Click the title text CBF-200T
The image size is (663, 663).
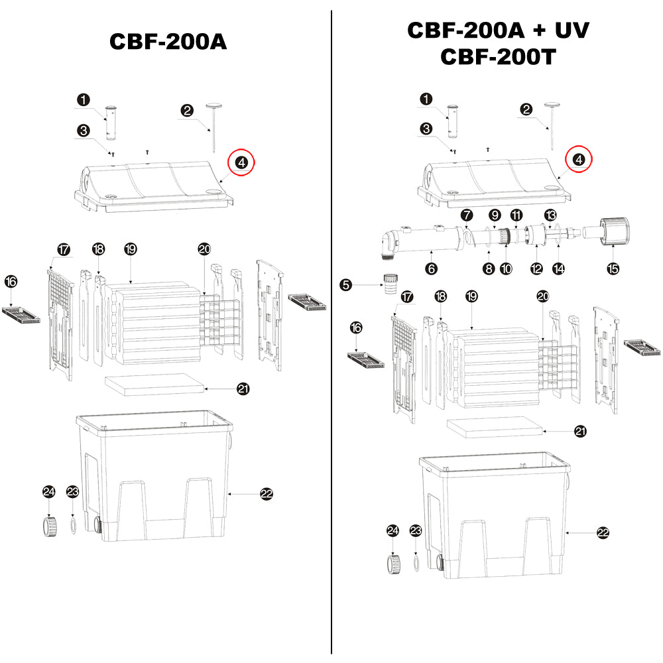point(497,57)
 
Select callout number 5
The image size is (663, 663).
point(345,285)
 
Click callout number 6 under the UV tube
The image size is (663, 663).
point(432,269)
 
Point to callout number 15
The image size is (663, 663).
point(613,269)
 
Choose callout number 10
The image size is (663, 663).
point(507,269)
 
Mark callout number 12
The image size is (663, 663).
point(536,269)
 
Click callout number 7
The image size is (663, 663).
point(467,215)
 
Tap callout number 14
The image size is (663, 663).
point(559,269)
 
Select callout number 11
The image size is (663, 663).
point(516,215)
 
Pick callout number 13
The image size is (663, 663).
point(550,215)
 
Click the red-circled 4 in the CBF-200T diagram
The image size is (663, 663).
point(579,159)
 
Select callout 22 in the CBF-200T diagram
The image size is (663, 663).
point(603,532)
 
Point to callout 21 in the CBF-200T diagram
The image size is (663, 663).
point(580,432)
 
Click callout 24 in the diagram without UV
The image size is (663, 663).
point(48,491)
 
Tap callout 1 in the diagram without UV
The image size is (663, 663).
point(83,100)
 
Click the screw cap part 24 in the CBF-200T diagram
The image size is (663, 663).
point(394,564)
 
